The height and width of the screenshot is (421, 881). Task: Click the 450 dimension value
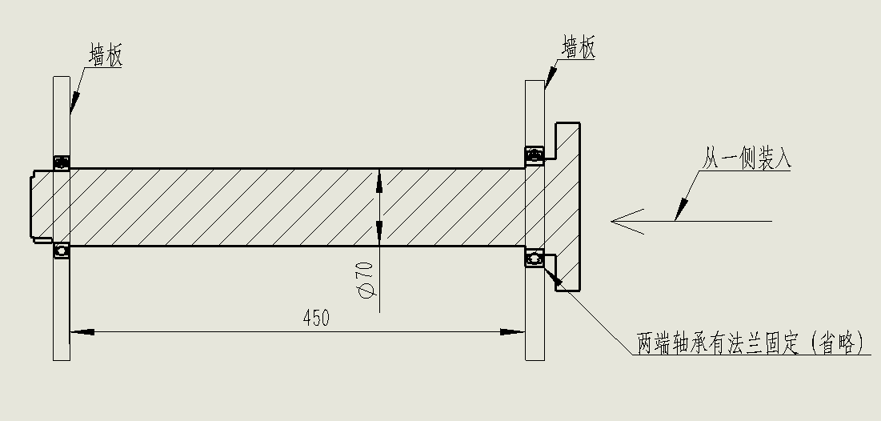316,318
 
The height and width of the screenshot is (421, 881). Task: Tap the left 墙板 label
106,57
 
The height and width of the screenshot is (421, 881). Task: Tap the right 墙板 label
579,49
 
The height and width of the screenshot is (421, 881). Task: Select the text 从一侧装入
747,158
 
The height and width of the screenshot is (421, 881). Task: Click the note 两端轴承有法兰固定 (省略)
751,344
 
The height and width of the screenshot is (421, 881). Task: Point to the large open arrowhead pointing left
628,220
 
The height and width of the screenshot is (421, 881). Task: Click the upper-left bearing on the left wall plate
61,162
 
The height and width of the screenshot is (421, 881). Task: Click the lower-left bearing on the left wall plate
61,251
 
